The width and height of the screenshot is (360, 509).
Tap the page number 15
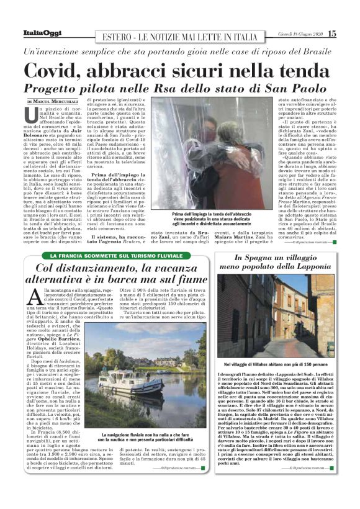click(332, 33)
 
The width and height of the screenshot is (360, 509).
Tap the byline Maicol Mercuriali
click(59, 101)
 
